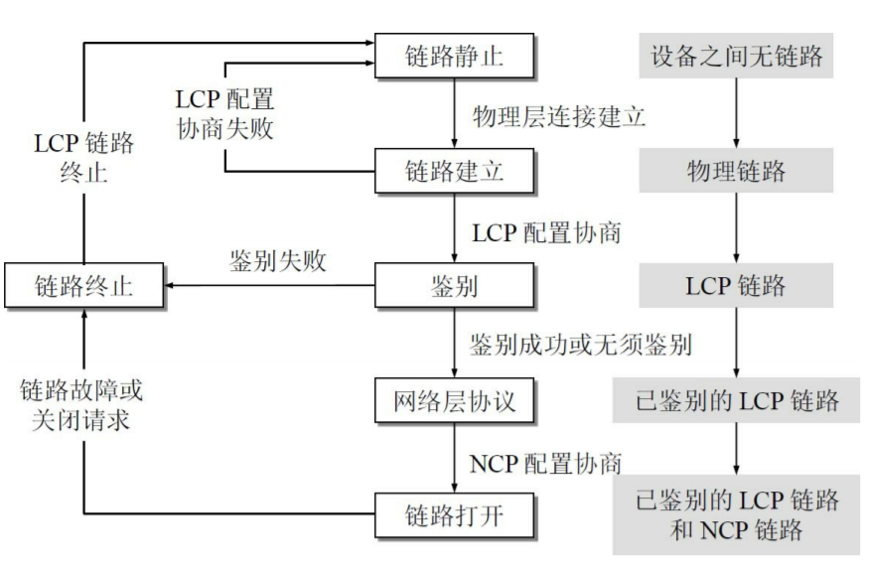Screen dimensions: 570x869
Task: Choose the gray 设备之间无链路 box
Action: pyautogui.click(x=736, y=56)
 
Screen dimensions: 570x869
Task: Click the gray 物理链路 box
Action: pyautogui.click(x=736, y=171)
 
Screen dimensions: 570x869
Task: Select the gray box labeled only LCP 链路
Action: pyautogui.click(x=736, y=287)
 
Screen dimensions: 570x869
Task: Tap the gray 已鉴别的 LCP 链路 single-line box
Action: pyautogui.click(x=736, y=402)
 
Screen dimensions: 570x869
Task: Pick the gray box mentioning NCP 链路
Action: pyautogui.click(x=736, y=514)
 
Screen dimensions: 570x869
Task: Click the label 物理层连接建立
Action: pyautogui.click(x=560, y=114)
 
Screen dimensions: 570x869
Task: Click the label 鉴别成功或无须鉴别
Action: pyautogui.click(x=581, y=345)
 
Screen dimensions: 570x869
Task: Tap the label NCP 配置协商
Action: pyautogui.click(x=547, y=460)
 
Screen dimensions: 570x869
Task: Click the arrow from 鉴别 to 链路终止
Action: pyautogui.click(x=268, y=287)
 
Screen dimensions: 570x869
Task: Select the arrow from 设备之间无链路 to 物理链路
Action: pyautogui.click(x=736, y=113)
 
